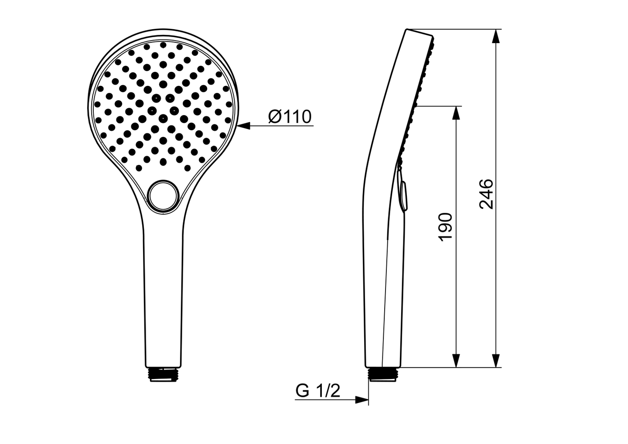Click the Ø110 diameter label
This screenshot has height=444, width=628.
pyautogui.click(x=290, y=116)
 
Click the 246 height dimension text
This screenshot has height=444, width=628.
pyautogui.click(x=486, y=194)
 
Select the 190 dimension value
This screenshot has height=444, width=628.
pyautogui.click(x=445, y=227)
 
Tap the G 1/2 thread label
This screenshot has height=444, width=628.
pyautogui.click(x=317, y=391)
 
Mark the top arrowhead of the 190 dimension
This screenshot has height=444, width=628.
pyautogui.click(x=456, y=113)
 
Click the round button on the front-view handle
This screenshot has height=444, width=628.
pyautogui.click(x=163, y=197)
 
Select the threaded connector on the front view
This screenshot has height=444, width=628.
pyautogui.click(x=163, y=374)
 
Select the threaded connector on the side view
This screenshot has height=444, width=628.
pyautogui.click(x=383, y=374)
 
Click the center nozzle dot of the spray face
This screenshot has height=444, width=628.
pyautogui.click(x=163, y=117)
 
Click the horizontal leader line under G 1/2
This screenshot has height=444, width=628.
pyautogui.click(x=323, y=400)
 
